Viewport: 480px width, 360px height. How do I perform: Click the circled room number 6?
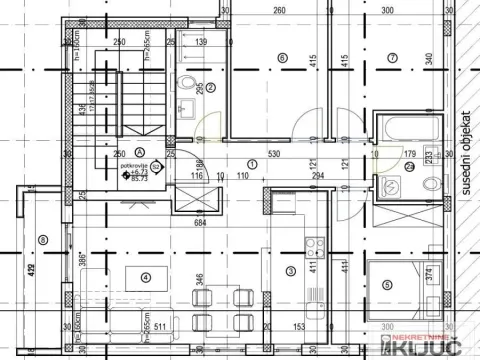tap(282, 59)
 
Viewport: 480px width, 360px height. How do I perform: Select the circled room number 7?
tap(393, 59)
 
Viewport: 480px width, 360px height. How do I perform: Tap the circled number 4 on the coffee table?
tap(146, 278)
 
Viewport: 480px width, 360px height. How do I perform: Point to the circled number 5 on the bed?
tap(388, 283)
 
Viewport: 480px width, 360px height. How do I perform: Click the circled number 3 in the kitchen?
tap(291, 270)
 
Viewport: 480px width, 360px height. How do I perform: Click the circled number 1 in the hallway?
tap(251, 163)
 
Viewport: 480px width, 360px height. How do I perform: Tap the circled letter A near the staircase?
tap(96, 153)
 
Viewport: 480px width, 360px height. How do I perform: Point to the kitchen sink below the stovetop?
tap(316, 268)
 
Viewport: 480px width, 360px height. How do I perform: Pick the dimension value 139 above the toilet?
tap(200, 43)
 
